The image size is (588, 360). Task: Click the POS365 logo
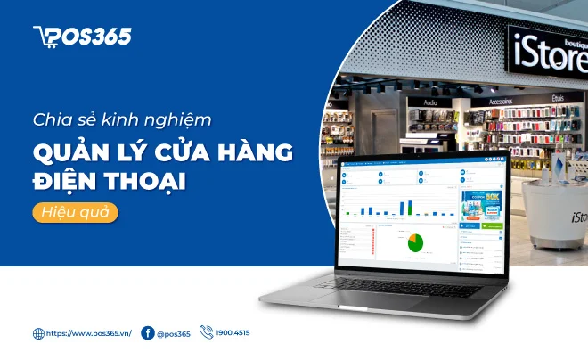(82, 36)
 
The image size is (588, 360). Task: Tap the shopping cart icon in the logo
(43, 36)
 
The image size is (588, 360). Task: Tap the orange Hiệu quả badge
(76, 213)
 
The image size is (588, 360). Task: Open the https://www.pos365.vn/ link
(89, 334)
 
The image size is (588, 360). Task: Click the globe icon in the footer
(38, 334)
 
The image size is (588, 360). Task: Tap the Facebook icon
(148, 333)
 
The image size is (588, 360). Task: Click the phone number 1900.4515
(233, 333)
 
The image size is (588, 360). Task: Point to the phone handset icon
(207, 332)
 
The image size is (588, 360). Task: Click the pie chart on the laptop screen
(414, 241)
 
